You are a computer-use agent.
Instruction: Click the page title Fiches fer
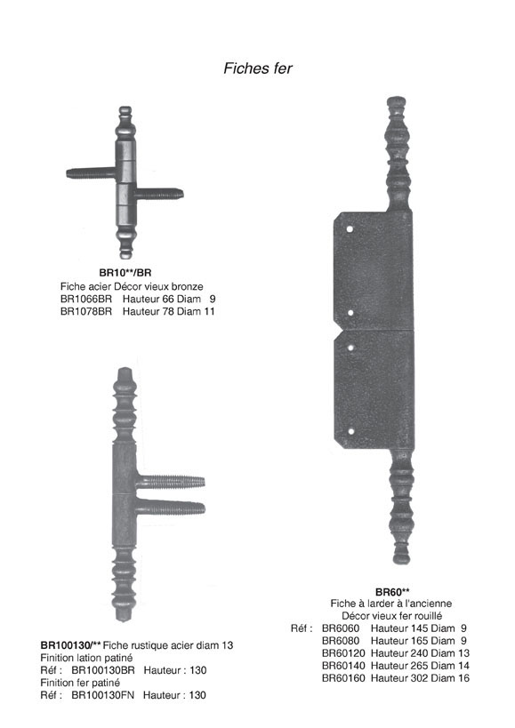tap(258, 68)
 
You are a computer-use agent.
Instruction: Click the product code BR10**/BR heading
tap(125, 273)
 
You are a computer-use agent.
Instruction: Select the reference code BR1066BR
tap(86, 299)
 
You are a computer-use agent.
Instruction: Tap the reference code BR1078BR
tap(86, 311)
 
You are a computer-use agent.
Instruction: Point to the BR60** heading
tap(392, 592)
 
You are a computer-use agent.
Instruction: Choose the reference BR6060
tap(341, 628)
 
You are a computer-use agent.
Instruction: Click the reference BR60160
tap(343, 678)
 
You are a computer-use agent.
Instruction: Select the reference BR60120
tap(343, 653)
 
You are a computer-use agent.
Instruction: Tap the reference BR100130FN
tap(102, 695)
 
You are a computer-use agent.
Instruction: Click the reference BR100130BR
tap(103, 670)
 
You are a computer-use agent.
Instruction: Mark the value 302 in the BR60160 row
tap(419, 678)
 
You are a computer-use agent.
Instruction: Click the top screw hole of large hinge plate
tap(350, 229)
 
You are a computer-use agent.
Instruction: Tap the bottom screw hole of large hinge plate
tap(351, 431)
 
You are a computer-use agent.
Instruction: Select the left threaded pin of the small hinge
tap(91, 173)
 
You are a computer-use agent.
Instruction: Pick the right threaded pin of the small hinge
tap(159, 194)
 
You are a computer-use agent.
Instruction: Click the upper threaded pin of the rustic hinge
tap(171, 482)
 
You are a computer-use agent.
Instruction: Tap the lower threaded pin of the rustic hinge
tap(171, 508)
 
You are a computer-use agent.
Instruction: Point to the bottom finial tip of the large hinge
tap(402, 560)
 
